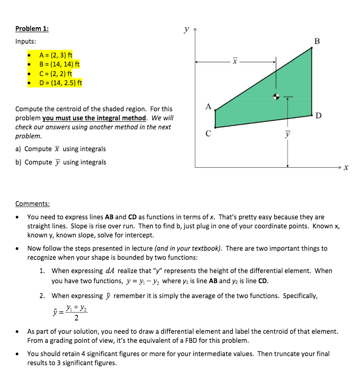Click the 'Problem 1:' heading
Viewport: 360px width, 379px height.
[32, 29]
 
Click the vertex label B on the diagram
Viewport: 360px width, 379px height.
[318, 41]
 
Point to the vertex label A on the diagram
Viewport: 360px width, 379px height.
[209, 106]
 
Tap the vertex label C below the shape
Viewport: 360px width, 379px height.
[208, 134]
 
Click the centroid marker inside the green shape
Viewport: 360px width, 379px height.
[276, 97]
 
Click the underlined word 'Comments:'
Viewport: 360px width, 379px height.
[32, 203]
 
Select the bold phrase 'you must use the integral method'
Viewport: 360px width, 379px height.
[94, 118]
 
